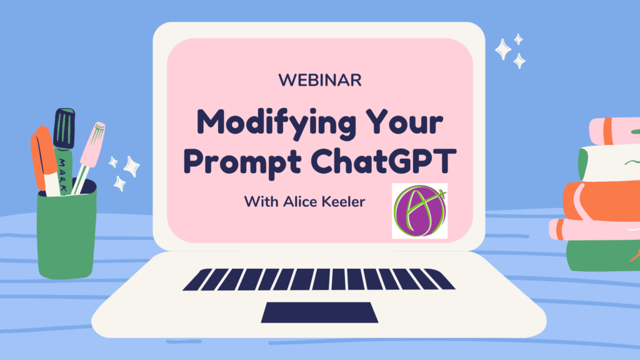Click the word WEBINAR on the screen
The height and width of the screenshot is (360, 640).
[x=320, y=80]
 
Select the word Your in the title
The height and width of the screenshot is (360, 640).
[x=404, y=122]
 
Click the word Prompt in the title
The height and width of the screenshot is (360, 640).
[x=242, y=162]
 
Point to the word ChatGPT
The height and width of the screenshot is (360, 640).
[x=383, y=161]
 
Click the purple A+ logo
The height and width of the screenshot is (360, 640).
[x=419, y=211]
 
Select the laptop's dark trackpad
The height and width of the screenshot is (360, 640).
[x=319, y=312]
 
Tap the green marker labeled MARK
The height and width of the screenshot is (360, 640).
[x=64, y=151]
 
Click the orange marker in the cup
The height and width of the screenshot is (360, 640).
[x=44, y=161]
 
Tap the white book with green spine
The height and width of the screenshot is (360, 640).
[x=609, y=163]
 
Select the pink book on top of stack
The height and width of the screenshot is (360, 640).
[x=614, y=131]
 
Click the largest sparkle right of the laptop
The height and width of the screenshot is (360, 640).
[x=503, y=49]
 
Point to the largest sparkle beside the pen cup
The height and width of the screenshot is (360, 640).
[x=131, y=166]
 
